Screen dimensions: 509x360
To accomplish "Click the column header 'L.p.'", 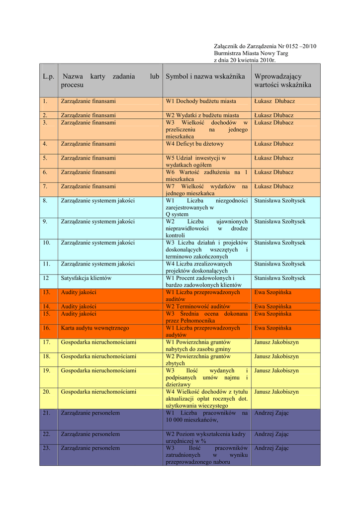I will point(48,77).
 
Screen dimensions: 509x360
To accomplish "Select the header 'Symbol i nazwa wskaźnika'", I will point(205,77).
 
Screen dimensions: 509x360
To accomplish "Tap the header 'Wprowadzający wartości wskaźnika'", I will point(282,81).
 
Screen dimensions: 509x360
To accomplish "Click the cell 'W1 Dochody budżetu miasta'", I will point(201,101).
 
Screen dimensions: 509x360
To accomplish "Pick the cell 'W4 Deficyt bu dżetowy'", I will point(195,144).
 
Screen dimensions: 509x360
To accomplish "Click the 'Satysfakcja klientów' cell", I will point(86,278).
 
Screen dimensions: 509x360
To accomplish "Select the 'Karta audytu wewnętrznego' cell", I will point(95,328).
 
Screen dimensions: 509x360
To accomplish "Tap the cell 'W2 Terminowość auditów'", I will point(198,307).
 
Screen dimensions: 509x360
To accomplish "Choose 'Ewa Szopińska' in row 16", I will point(273,328).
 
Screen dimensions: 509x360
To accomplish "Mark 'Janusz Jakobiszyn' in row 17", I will point(276,342).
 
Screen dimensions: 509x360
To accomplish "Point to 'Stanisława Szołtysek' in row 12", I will point(280,278).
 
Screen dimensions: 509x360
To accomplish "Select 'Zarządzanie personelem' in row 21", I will point(90,413).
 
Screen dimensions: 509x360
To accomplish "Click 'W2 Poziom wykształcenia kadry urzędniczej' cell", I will point(206,437).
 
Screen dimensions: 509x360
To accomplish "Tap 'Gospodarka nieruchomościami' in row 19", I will point(98,371).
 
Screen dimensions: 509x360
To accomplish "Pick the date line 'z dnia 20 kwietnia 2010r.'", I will point(245,60).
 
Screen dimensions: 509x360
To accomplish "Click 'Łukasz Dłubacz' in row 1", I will point(274,101).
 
